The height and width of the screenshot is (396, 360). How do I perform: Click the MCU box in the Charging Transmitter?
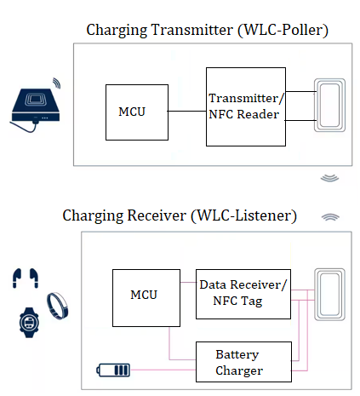135,112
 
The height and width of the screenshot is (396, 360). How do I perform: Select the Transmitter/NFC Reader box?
245,106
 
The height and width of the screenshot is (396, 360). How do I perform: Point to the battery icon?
112,370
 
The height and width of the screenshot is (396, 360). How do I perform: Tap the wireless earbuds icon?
26,278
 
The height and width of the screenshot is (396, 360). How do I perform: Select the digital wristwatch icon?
28,323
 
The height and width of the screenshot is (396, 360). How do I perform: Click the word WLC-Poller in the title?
284,31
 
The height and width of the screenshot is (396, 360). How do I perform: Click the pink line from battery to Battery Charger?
162,370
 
